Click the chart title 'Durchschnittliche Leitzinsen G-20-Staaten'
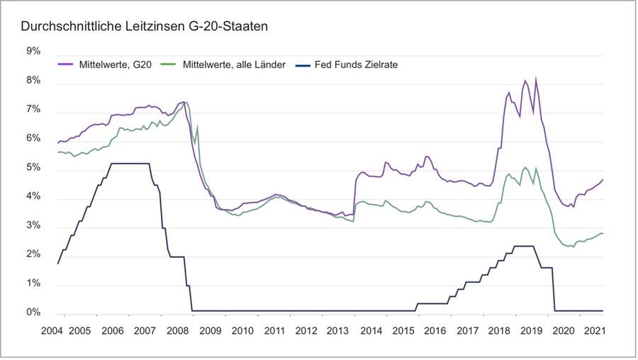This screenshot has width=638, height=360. coord(144,27)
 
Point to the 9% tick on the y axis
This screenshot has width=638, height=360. coord(33,52)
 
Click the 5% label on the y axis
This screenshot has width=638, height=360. coord(33,169)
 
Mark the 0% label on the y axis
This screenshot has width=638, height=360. coord(33,313)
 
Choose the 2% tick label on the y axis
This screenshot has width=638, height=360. coord(33,256)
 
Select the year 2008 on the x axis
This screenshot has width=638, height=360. coord(177,330)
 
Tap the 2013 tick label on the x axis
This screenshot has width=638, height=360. coord(338,330)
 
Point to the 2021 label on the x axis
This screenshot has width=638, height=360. coord(594,330)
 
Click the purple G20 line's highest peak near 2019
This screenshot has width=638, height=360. coord(536,79)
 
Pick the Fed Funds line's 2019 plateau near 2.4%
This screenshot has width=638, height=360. coord(523,246)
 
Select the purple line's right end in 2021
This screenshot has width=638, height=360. coord(603,179)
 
